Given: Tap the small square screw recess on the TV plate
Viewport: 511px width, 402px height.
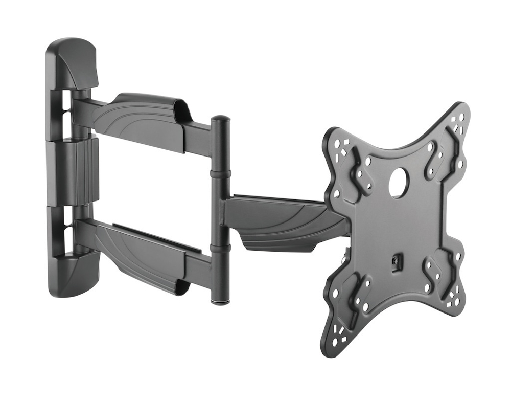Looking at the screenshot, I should pyautogui.click(x=394, y=261).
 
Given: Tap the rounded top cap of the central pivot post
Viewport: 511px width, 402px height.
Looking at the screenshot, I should pyautogui.click(x=220, y=119).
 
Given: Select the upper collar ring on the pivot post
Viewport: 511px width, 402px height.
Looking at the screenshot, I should pyautogui.click(x=220, y=173).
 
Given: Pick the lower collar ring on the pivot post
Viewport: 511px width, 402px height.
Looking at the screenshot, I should pyautogui.click(x=220, y=248).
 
